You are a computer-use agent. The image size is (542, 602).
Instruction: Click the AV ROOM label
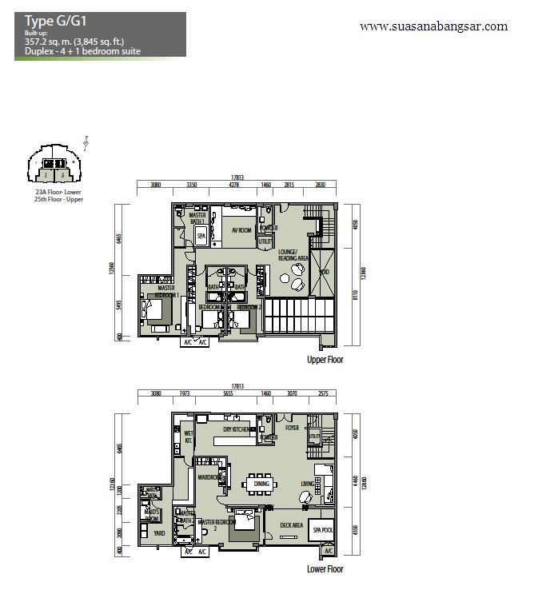click(241, 230)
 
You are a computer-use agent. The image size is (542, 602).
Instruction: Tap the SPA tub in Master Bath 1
click(201, 236)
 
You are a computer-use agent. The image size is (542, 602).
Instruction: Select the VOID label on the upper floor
click(323, 271)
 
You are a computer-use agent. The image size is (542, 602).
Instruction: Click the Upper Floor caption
click(325, 361)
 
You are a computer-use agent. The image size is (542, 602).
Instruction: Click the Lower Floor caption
click(325, 569)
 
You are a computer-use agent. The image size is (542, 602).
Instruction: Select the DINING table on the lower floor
click(261, 484)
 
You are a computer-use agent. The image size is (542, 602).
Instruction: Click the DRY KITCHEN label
click(239, 429)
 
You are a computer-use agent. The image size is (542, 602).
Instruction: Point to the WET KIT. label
click(189, 437)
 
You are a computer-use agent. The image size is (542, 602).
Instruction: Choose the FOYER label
click(292, 428)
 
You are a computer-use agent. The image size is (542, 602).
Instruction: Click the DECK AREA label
click(291, 525)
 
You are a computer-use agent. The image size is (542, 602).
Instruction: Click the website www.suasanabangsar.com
click(433, 26)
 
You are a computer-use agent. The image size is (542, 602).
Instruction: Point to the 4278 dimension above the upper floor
click(234, 185)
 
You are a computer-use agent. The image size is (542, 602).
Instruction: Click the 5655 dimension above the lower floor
click(228, 394)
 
